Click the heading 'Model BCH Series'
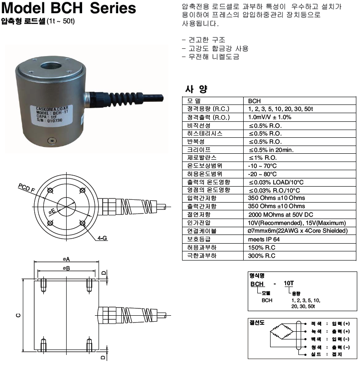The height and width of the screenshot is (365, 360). coord(69,9)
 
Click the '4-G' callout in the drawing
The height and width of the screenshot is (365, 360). coord(101,238)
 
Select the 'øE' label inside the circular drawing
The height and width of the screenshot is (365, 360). coord(53,211)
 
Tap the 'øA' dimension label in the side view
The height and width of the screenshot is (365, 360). coord(66,259)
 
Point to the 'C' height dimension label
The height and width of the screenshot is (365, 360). coord(17,314)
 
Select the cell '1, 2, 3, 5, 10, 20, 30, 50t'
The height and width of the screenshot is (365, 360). coord(279,109)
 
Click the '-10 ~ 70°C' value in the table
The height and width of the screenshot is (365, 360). coord(262,166)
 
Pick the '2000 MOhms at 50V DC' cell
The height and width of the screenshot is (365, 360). coord(280,214)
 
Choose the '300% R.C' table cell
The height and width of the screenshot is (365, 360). coord(262,255)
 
